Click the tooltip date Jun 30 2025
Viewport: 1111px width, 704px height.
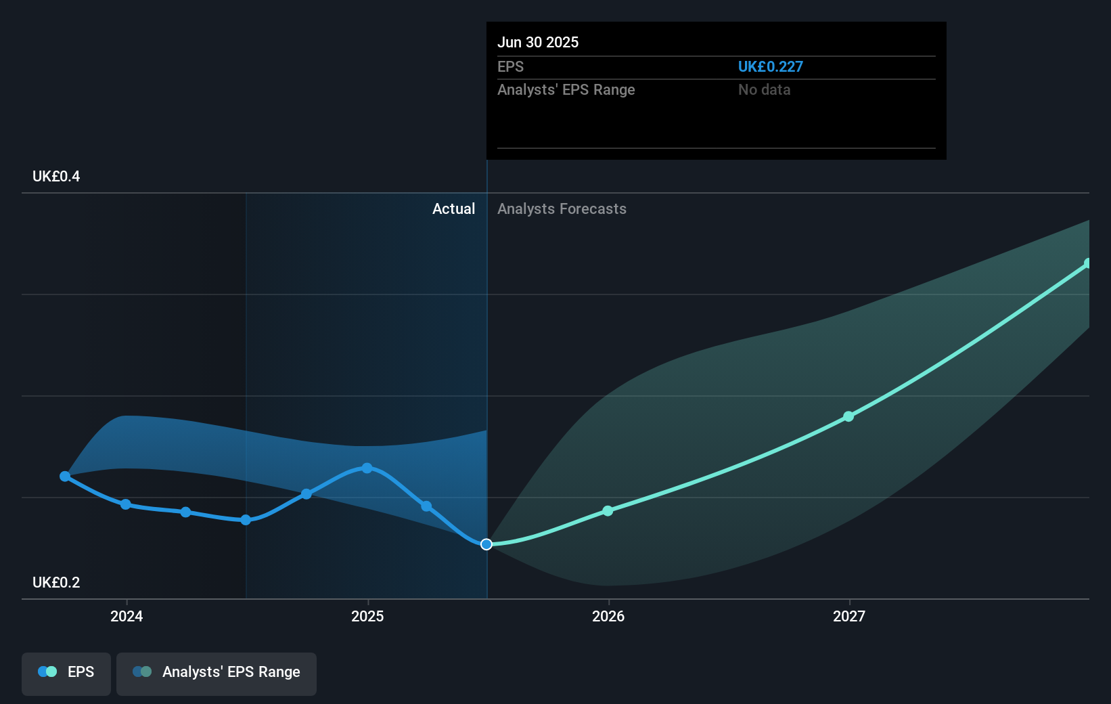(x=538, y=42)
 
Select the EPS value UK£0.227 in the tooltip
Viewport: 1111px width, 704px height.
(x=770, y=66)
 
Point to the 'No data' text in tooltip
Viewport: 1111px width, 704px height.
(x=764, y=89)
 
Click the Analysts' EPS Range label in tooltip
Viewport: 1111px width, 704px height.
(x=566, y=89)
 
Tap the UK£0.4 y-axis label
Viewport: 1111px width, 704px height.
(x=56, y=176)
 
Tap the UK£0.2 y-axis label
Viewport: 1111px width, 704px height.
(x=56, y=582)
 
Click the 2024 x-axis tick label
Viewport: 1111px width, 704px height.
(x=127, y=616)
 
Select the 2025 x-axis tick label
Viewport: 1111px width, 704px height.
(x=367, y=616)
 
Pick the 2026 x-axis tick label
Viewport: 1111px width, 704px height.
(x=608, y=616)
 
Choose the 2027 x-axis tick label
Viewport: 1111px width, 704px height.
(x=849, y=616)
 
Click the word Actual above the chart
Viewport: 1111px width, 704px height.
(x=453, y=208)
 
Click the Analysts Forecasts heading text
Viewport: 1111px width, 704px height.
(x=562, y=208)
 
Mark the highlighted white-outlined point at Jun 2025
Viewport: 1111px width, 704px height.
(x=486, y=544)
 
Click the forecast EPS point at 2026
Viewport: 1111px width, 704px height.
(x=608, y=510)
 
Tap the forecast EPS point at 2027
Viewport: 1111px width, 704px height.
(x=848, y=416)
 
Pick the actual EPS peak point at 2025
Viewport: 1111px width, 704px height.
(x=367, y=468)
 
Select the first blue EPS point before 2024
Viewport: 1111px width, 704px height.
(x=65, y=477)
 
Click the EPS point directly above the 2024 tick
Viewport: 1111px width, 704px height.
(x=126, y=504)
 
